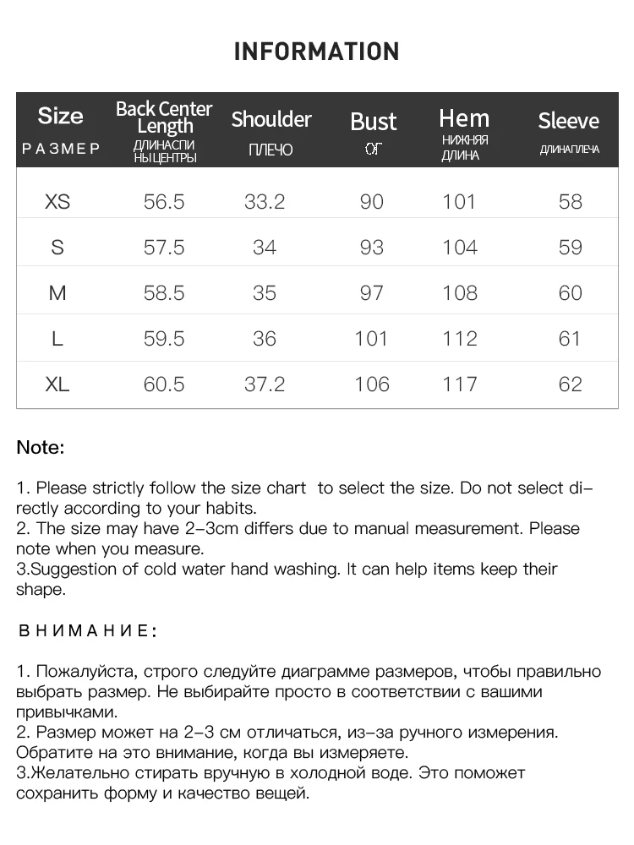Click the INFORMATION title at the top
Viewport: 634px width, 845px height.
tap(316, 52)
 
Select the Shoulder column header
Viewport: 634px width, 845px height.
tap(271, 119)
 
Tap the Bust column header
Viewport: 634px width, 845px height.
tap(373, 122)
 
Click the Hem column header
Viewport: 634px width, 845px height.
tap(464, 118)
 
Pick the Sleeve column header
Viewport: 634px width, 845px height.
tap(568, 121)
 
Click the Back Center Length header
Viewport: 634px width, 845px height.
tap(164, 117)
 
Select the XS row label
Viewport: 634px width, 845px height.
tap(57, 202)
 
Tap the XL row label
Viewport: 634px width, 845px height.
tap(57, 384)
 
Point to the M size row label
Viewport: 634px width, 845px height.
tap(57, 293)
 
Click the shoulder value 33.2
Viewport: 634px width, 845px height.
tap(265, 202)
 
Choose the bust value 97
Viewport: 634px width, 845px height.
tap(372, 293)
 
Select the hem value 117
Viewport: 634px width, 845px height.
tap(460, 384)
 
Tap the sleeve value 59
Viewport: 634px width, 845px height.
tap(571, 248)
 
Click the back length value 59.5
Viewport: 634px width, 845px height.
tap(164, 339)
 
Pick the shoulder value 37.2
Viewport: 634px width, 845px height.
tap(265, 384)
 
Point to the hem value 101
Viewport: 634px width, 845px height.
tap(460, 202)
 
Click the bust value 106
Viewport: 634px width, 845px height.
tap(372, 384)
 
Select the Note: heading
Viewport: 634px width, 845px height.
tap(41, 448)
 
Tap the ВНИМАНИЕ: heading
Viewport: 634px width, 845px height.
tap(87, 630)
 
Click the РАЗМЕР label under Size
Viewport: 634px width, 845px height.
tap(61, 149)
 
